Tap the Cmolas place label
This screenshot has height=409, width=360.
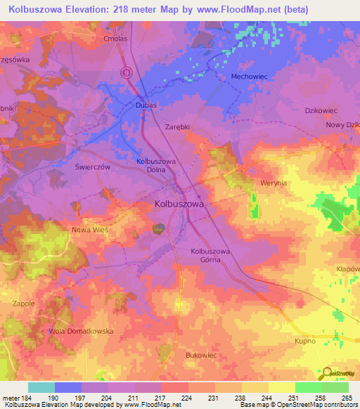point(115,39)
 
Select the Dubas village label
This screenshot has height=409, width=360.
point(144,105)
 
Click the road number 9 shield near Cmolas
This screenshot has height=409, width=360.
point(127,72)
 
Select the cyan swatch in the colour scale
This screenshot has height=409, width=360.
point(41,387)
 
